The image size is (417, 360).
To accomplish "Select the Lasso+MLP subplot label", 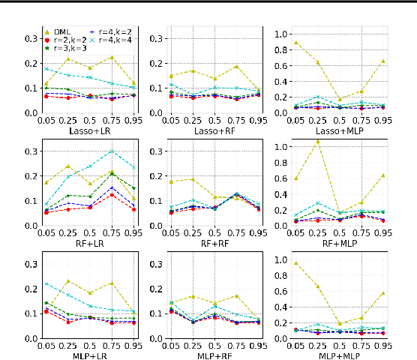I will (x=334, y=130).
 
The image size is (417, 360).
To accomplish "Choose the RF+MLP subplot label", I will (x=334, y=243).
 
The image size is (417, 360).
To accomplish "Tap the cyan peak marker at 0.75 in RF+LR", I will (x=112, y=151).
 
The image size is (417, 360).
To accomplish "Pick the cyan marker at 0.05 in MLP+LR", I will (x=46, y=283).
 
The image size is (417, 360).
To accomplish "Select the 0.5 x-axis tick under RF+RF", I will (x=214, y=232).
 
